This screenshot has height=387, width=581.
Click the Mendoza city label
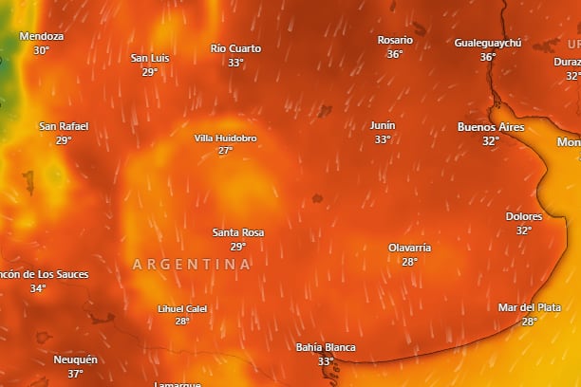(x=42, y=36)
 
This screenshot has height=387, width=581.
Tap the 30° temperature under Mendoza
(x=41, y=50)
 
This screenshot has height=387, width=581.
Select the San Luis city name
(x=150, y=58)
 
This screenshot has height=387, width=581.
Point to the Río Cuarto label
(x=235, y=48)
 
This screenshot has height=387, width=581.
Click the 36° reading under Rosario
(x=395, y=54)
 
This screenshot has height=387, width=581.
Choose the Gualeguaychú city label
(x=488, y=44)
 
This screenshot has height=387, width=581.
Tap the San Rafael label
(x=63, y=126)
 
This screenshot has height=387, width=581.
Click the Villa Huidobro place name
(x=225, y=138)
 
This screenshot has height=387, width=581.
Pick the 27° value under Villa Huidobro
(x=225, y=151)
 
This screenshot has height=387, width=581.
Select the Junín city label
(x=383, y=125)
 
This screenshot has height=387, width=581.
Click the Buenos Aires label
(x=491, y=127)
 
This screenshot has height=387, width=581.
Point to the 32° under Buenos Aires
(x=490, y=141)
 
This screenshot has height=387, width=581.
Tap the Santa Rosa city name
(x=238, y=232)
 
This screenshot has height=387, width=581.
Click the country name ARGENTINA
(x=192, y=264)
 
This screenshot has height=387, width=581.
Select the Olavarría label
(x=409, y=248)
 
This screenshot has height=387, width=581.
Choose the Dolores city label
(x=524, y=216)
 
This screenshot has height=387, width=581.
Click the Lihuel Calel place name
(x=182, y=308)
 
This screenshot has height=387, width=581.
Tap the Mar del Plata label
(x=529, y=307)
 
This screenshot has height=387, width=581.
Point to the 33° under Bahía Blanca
(x=326, y=361)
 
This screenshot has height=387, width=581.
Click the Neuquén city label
(x=75, y=359)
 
